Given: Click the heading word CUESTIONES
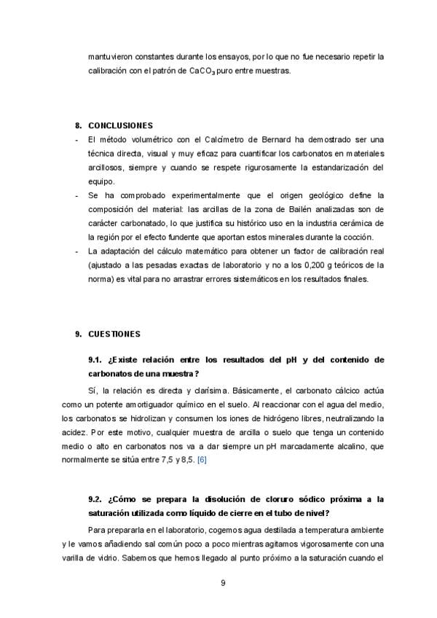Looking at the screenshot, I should coord(114,334).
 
